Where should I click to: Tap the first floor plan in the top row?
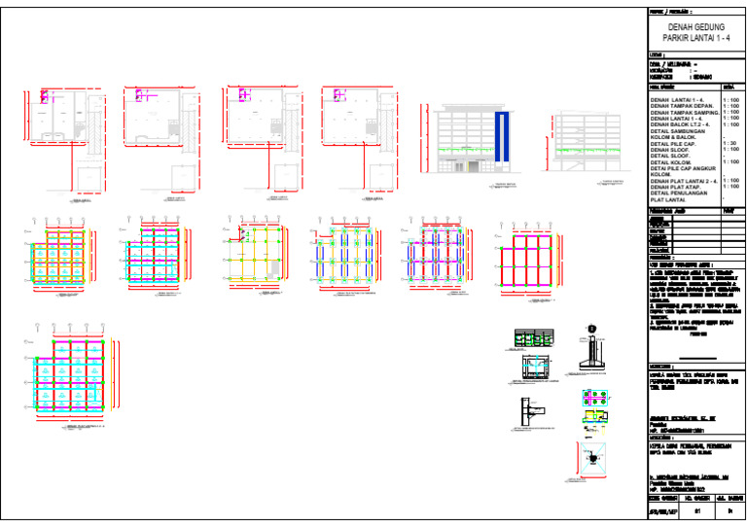click(60, 122)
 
